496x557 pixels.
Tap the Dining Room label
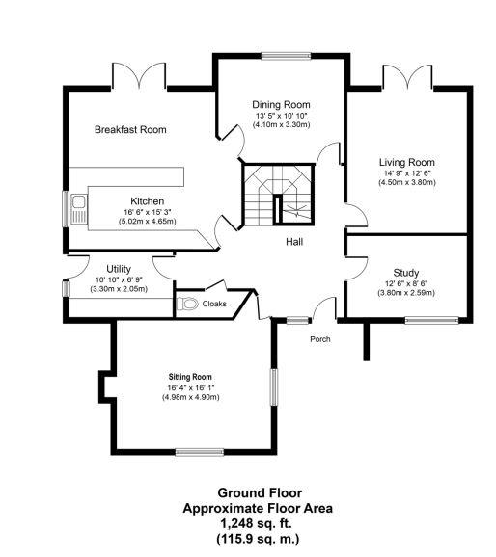tap(281, 104)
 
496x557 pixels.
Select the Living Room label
tap(406, 162)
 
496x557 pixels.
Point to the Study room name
tap(405, 272)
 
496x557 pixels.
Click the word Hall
tap(294, 241)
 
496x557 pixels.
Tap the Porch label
tap(319, 339)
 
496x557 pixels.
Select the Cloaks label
tap(214, 303)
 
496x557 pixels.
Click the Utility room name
tap(119, 269)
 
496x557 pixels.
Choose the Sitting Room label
tap(189, 377)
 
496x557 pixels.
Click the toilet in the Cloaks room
tap(188, 304)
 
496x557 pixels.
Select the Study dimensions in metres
tap(405, 293)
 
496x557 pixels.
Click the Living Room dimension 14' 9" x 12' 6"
tap(406, 172)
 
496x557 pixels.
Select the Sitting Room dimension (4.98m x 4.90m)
tap(189, 397)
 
